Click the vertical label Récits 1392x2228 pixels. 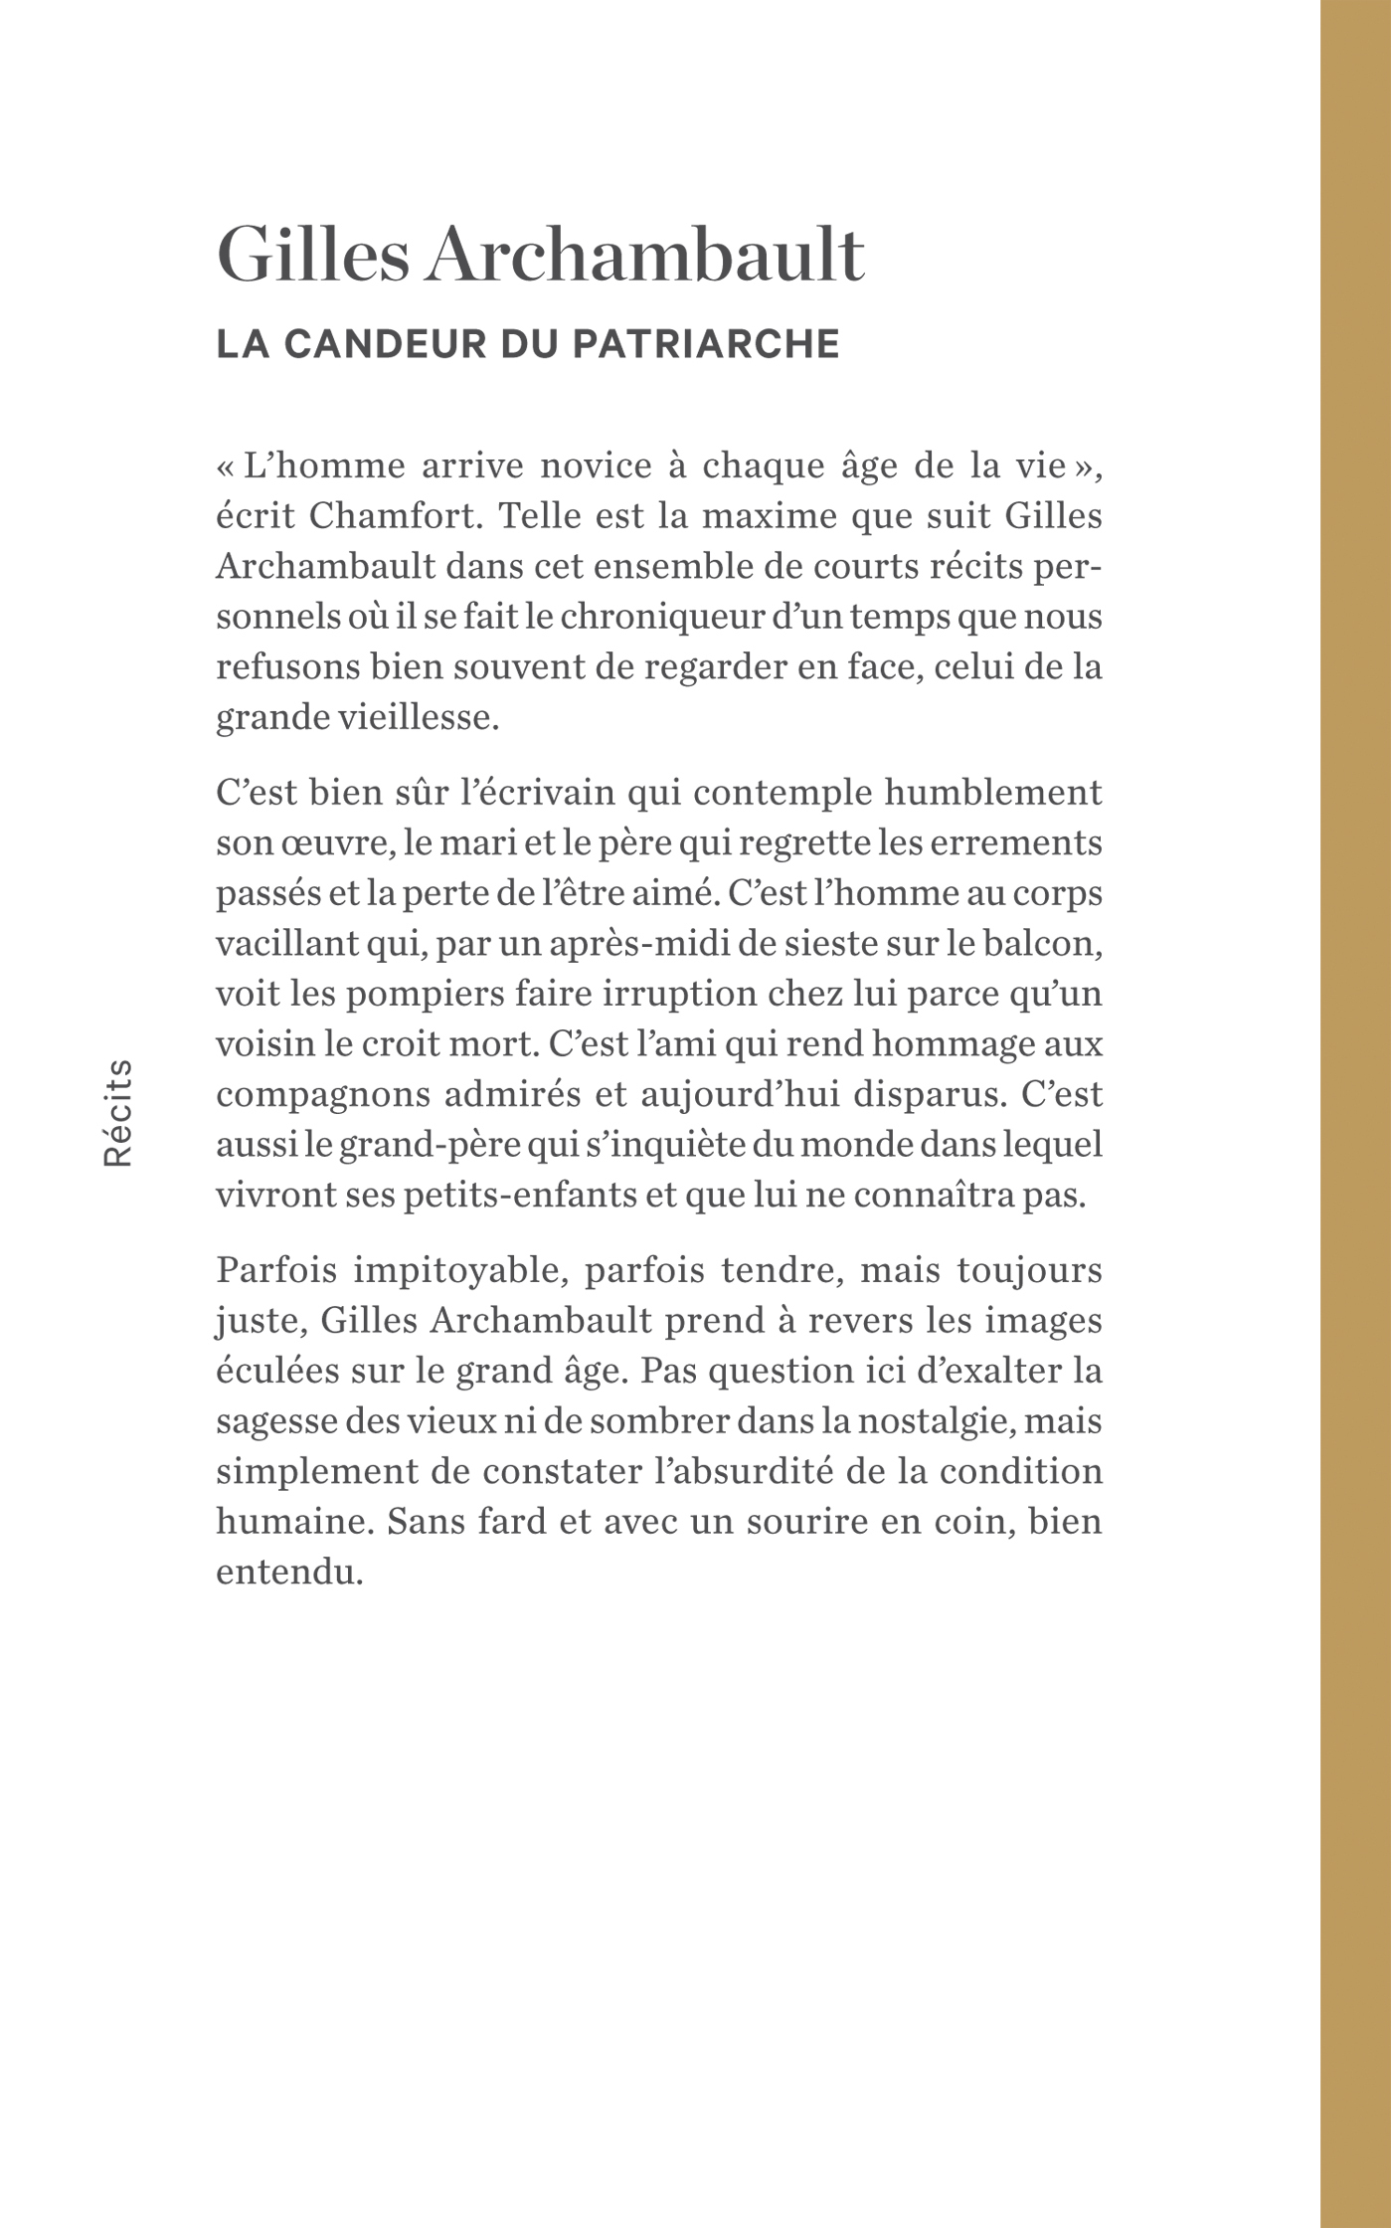coord(118,1112)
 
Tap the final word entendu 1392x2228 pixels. coord(287,1573)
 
